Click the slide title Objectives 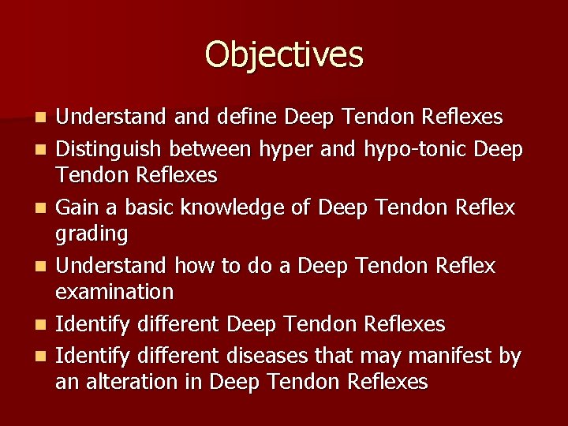[x=284, y=55]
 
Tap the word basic [x=148, y=207]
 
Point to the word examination [x=114, y=292]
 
